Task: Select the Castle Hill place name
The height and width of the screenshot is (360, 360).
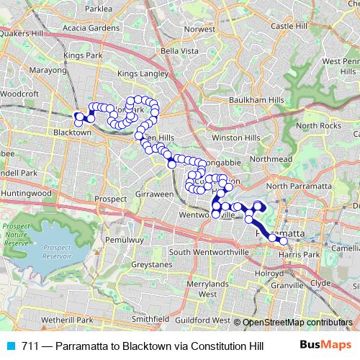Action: click(290, 26)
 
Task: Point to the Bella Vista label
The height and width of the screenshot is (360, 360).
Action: click(179, 51)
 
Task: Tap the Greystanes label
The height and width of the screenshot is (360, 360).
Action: click(150, 265)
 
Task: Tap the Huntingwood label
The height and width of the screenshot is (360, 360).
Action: click(27, 194)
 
